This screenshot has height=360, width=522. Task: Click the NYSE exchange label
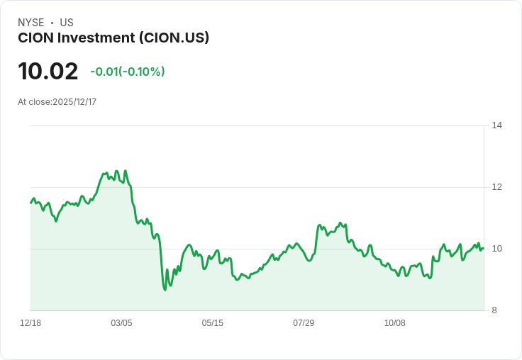pyautogui.click(x=30, y=23)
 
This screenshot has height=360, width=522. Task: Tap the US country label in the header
pyautogui.click(x=67, y=23)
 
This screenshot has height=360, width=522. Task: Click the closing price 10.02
pyautogui.click(x=48, y=72)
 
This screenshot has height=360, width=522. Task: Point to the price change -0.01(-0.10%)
pyautogui.click(x=128, y=72)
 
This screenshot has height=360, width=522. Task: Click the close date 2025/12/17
pyautogui.click(x=74, y=102)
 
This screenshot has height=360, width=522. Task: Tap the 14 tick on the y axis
pyautogui.click(x=497, y=125)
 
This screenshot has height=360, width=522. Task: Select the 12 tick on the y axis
pyautogui.click(x=497, y=187)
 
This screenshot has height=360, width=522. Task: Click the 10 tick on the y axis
pyautogui.click(x=497, y=249)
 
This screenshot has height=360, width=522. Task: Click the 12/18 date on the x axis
pyautogui.click(x=30, y=323)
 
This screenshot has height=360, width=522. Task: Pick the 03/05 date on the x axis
pyautogui.click(x=121, y=323)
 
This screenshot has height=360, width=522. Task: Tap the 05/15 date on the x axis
pyautogui.click(x=212, y=323)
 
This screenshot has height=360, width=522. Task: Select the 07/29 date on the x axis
pyautogui.click(x=304, y=323)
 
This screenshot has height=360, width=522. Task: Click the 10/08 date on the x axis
pyautogui.click(x=394, y=323)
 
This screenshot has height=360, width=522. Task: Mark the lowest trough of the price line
pyautogui.click(x=165, y=289)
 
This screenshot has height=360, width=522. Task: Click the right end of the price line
pyautogui.click(x=483, y=248)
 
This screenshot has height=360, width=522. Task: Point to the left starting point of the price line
pyautogui.click(x=30, y=203)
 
